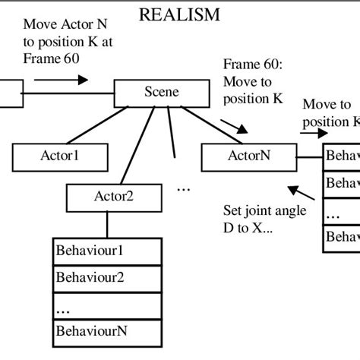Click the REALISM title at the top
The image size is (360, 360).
tap(180, 14)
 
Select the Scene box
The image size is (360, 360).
tap(161, 93)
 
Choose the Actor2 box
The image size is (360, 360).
tap(113, 197)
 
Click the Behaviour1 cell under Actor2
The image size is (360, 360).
tap(107, 250)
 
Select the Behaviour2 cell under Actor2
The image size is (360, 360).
tap(107, 277)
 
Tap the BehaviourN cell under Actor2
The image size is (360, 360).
tap(107, 331)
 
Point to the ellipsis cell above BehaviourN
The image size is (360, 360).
tap(107, 305)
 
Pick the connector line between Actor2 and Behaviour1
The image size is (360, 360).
tap(106, 225)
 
